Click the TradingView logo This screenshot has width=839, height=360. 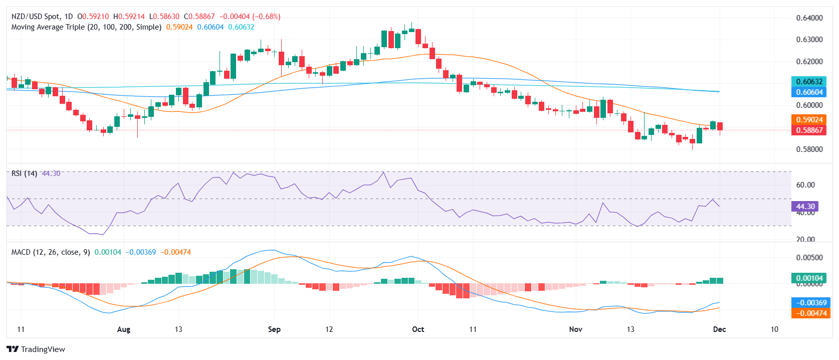(36, 349)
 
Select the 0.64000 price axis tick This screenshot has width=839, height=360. (809, 18)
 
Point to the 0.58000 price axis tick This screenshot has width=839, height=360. (809, 149)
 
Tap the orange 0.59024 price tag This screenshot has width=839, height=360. (809, 119)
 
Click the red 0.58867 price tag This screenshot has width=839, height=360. (809, 130)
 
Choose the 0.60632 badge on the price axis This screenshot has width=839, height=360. (809, 81)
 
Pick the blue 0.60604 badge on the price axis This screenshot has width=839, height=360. (809, 92)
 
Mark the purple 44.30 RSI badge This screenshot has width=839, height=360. (805, 206)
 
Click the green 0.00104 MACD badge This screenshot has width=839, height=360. (809, 278)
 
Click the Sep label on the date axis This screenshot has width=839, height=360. (274, 329)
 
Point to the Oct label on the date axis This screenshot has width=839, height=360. (418, 329)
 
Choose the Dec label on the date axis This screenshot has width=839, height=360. (719, 329)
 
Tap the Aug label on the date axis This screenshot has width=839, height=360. (123, 329)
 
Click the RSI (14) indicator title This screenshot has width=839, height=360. (24, 173)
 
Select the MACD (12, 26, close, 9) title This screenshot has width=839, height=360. (51, 252)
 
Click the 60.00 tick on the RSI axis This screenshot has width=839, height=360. (805, 185)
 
